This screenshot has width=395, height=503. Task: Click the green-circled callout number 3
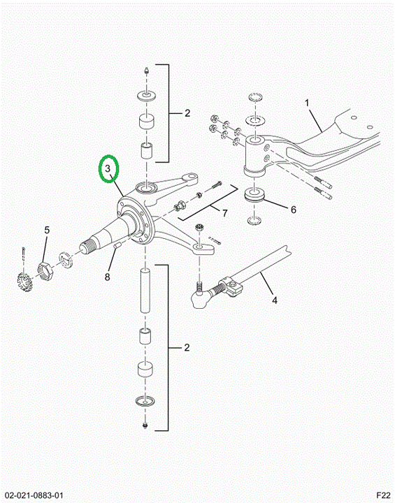(x=108, y=168)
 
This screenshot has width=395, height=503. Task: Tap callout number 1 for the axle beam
(x=307, y=103)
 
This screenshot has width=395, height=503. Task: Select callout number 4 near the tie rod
(x=275, y=300)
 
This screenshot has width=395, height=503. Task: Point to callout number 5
(x=48, y=230)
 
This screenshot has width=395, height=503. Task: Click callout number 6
(x=294, y=210)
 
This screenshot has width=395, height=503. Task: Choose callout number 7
(x=225, y=213)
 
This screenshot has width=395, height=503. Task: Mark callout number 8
(x=108, y=277)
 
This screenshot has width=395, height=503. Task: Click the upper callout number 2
(x=187, y=113)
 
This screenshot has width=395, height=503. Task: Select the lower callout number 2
(x=187, y=348)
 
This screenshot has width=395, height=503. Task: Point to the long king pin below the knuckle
(x=146, y=291)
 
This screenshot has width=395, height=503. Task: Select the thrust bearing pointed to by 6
(x=254, y=196)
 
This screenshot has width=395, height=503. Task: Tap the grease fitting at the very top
(x=146, y=71)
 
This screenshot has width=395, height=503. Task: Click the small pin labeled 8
(x=117, y=245)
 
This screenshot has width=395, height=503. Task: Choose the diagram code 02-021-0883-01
(x=34, y=495)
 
